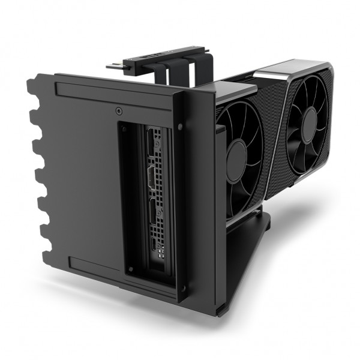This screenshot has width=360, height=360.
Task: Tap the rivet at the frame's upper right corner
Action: (181, 127)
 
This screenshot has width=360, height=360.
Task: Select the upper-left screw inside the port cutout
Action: (128, 128)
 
